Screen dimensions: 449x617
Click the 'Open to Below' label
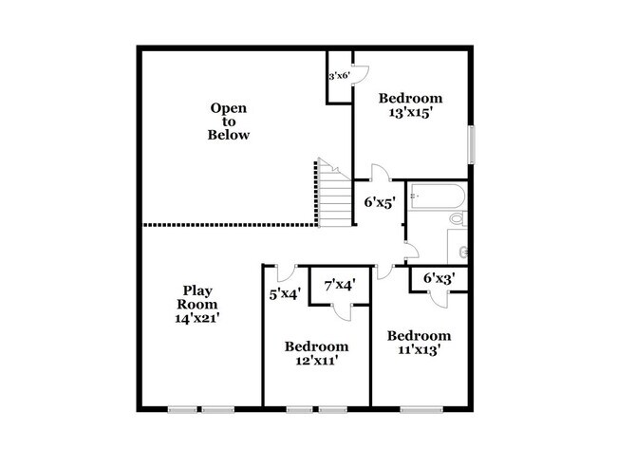tap(229, 122)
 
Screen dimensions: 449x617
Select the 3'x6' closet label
tap(339, 76)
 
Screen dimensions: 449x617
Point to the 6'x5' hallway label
tap(380, 202)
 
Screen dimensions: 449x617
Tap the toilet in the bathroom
tap(458, 219)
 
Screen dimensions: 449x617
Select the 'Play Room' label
tap(197, 297)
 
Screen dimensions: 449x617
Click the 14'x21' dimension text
tap(197, 320)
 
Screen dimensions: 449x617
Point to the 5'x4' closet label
tap(284, 294)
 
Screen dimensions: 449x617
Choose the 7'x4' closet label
tap(339, 285)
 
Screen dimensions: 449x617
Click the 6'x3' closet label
tap(439, 278)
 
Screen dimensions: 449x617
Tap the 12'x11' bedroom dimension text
tap(316, 361)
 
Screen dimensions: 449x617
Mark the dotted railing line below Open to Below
tap(228, 225)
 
